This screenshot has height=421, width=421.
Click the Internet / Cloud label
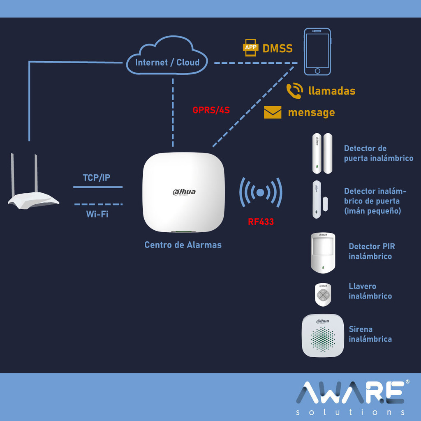(x=167, y=62)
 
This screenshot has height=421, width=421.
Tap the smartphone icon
(x=317, y=51)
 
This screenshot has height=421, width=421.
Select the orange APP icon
(x=250, y=48)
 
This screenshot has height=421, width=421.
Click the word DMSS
(x=278, y=49)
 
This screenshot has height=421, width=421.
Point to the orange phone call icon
(x=294, y=91)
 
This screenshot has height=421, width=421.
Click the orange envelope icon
(x=273, y=112)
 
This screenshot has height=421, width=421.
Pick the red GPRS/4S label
(x=211, y=110)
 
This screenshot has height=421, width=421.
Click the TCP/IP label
(x=96, y=178)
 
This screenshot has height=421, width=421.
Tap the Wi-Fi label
(x=97, y=214)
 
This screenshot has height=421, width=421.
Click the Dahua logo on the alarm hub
(x=184, y=192)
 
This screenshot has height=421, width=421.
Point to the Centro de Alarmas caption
(x=183, y=245)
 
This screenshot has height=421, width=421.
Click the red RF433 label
(x=261, y=222)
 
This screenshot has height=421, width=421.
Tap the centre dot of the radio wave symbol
(x=260, y=192)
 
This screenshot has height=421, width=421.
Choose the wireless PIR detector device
(x=323, y=253)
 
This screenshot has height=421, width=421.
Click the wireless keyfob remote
(x=323, y=294)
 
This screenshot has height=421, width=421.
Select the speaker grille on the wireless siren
(x=323, y=339)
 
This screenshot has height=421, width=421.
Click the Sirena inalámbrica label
(x=370, y=334)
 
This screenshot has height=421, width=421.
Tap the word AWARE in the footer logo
(x=350, y=393)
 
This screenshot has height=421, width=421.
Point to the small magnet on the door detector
(x=326, y=204)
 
